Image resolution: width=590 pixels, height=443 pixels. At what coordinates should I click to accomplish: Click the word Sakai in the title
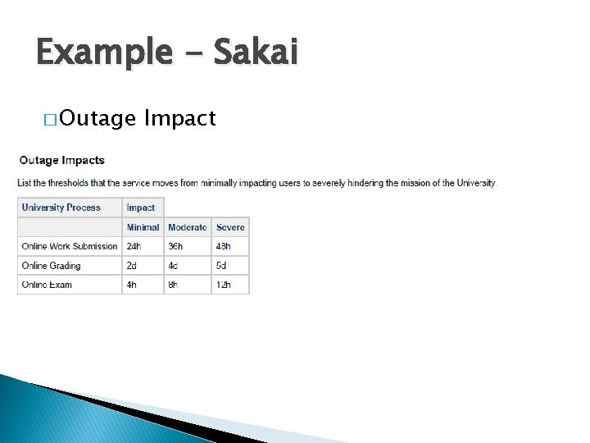pyautogui.click(x=256, y=53)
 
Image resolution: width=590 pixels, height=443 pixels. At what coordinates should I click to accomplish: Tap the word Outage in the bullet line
pyautogui.click(x=98, y=119)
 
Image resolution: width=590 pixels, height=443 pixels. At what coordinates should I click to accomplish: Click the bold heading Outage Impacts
pyautogui.click(x=61, y=160)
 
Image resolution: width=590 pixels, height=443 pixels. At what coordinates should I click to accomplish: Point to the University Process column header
pyautogui.click(x=61, y=208)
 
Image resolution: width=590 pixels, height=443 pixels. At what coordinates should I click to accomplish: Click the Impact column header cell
pyautogui.click(x=141, y=208)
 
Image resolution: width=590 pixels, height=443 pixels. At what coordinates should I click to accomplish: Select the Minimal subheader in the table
pyautogui.click(x=143, y=227)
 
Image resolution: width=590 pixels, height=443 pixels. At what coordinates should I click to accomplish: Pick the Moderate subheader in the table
pyautogui.click(x=187, y=227)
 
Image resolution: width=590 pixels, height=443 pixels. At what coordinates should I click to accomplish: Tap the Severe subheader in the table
pyautogui.click(x=230, y=227)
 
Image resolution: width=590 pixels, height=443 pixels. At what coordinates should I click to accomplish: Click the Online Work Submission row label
pyautogui.click(x=70, y=246)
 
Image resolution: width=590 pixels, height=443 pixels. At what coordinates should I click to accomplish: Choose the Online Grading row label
pyautogui.click(x=51, y=266)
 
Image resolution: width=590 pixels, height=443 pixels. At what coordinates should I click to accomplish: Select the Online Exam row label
pyautogui.click(x=47, y=285)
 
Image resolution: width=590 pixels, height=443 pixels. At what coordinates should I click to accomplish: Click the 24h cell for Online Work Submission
pyautogui.click(x=134, y=246)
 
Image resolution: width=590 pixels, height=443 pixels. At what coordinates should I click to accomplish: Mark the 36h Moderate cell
pyautogui.click(x=175, y=246)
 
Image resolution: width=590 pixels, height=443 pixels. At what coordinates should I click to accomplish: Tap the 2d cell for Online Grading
pyautogui.click(x=132, y=266)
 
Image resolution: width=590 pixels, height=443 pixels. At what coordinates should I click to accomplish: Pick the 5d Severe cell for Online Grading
pyautogui.click(x=221, y=266)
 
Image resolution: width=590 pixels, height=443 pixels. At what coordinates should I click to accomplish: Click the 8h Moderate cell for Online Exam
pyautogui.click(x=174, y=285)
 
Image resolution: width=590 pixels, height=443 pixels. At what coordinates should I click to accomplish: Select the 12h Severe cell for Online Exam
pyautogui.click(x=223, y=285)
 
